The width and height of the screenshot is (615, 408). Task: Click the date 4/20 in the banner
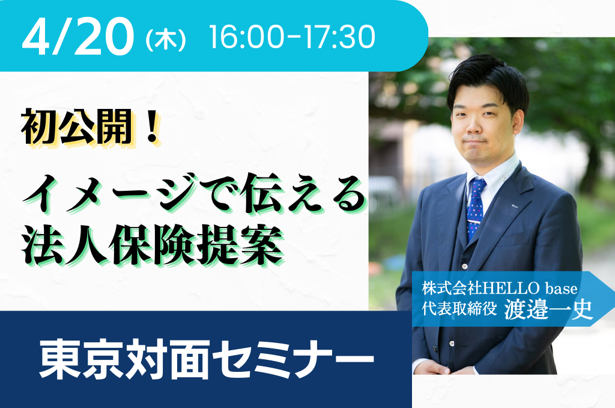pyautogui.click(x=78, y=37)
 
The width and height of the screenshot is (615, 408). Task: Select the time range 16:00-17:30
pyautogui.click(x=292, y=37)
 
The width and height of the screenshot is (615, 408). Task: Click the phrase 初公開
pyautogui.click(x=77, y=127)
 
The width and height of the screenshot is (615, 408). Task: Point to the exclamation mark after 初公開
pyautogui.click(x=151, y=127)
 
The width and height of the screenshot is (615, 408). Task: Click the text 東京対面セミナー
pyautogui.click(x=207, y=359)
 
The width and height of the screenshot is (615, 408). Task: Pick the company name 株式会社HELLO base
pyautogui.click(x=499, y=289)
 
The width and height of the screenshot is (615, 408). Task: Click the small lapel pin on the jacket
pyautogui.click(x=515, y=205)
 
